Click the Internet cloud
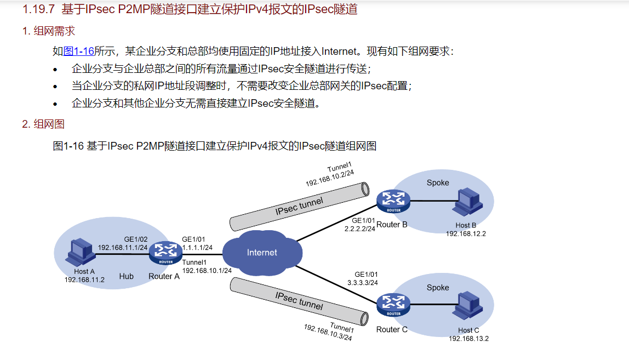click(x=262, y=253)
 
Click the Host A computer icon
click(x=79, y=253)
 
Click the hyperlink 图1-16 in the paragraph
click(x=79, y=52)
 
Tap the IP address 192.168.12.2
click(x=466, y=233)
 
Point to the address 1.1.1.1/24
click(x=197, y=248)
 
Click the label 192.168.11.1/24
click(x=123, y=248)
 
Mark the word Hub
click(x=126, y=276)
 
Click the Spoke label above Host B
click(x=438, y=182)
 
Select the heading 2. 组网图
click(x=43, y=124)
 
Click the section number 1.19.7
click(x=38, y=9)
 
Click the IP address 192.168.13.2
click(x=468, y=339)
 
